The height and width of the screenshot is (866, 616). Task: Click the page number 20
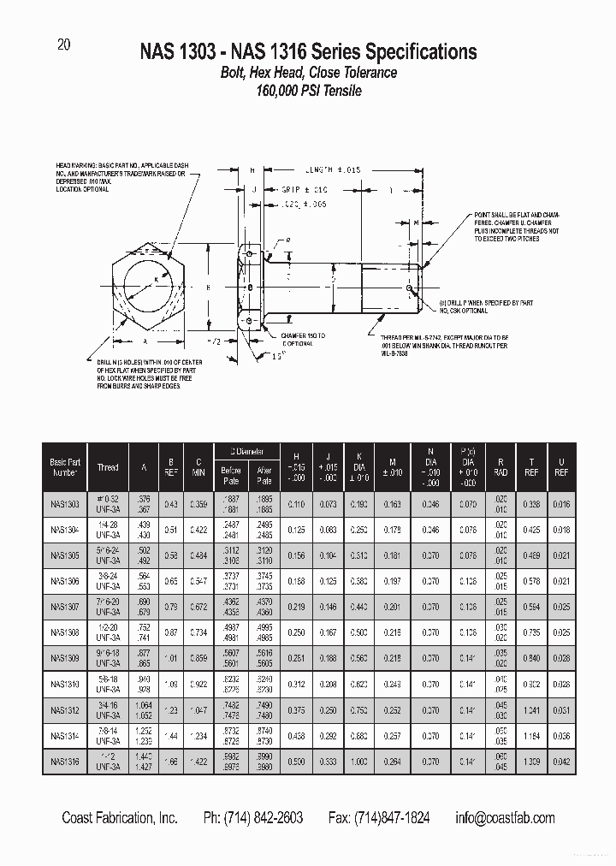[x=63, y=46]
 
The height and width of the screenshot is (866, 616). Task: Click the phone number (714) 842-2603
[x=253, y=818]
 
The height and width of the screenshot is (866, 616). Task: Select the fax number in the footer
[x=379, y=818]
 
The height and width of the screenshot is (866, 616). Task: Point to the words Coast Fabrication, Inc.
[x=120, y=818]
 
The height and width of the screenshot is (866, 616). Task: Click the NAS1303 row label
[x=64, y=505]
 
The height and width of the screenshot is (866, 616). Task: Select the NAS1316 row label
[x=64, y=761]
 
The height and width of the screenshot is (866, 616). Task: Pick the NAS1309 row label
[x=64, y=658]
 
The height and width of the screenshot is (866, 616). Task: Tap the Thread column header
[x=108, y=467]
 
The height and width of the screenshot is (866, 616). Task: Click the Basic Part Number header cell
[x=64, y=467]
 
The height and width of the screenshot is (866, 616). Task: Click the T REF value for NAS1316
[x=532, y=761]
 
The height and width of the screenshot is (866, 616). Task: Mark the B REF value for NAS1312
[x=171, y=709]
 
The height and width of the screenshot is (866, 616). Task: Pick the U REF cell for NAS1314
[x=561, y=735]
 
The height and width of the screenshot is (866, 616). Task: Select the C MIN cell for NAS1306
[x=198, y=581]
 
